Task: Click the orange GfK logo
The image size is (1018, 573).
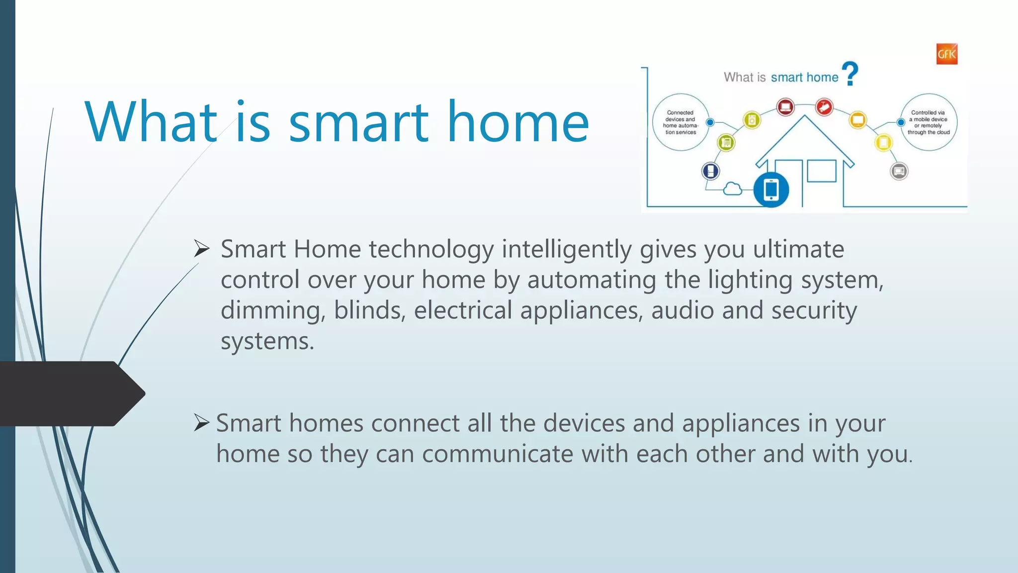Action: [x=946, y=54]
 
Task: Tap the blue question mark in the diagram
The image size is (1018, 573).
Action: [x=850, y=74]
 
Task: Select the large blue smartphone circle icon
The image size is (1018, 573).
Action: [x=771, y=190]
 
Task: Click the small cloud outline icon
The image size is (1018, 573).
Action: [x=732, y=189]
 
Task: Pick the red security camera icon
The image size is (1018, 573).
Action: [x=824, y=107]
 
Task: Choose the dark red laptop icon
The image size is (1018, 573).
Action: [x=785, y=106]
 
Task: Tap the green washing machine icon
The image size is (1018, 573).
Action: [x=752, y=120]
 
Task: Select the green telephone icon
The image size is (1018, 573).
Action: [x=726, y=143]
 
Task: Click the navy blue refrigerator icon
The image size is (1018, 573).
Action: [x=711, y=171]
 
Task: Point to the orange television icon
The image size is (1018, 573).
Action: [x=858, y=120]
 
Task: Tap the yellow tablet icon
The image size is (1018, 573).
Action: [x=883, y=143]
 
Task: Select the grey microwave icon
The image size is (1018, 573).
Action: [x=899, y=172]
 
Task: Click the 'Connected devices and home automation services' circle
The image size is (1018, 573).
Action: [x=680, y=122]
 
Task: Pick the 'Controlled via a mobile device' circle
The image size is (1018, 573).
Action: [x=929, y=122]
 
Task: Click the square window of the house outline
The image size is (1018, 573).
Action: [x=821, y=171]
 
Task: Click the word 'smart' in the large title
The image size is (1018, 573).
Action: [x=358, y=122]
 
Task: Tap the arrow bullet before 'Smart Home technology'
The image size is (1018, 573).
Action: [x=201, y=248]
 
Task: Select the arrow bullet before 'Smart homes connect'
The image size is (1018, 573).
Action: [x=201, y=422]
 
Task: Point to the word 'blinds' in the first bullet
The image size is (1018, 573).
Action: [x=369, y=310]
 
